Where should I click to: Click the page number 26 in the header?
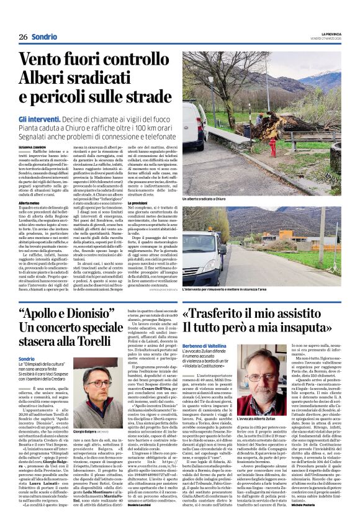22,37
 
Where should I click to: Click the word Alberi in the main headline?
48,79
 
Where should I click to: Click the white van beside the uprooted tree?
194,124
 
